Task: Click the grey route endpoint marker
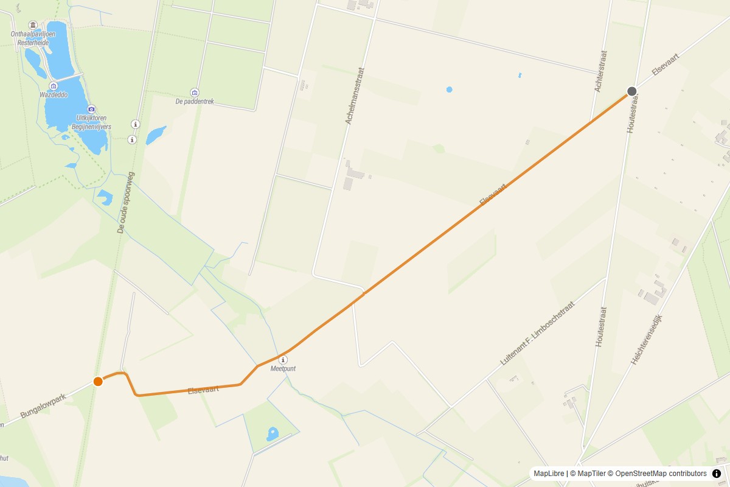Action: click(x=632, y=91)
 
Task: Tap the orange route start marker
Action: click(x=98, y=382)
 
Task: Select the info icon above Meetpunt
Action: click(x=283, y=360)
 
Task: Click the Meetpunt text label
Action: click(x=283, y=369)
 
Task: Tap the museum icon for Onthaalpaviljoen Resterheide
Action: click(x=33, y=25)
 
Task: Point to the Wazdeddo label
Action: click(x=54, y=95)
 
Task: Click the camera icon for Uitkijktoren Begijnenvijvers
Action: click(x=92, y=109)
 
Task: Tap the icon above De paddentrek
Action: click(x=195, y=93)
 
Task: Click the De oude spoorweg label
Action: click(x=125, y=203)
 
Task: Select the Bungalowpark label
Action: click(x=43, y=406)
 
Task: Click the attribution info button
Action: click(x=717, y=474)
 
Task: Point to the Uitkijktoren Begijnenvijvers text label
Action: click(x=92, y=122)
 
